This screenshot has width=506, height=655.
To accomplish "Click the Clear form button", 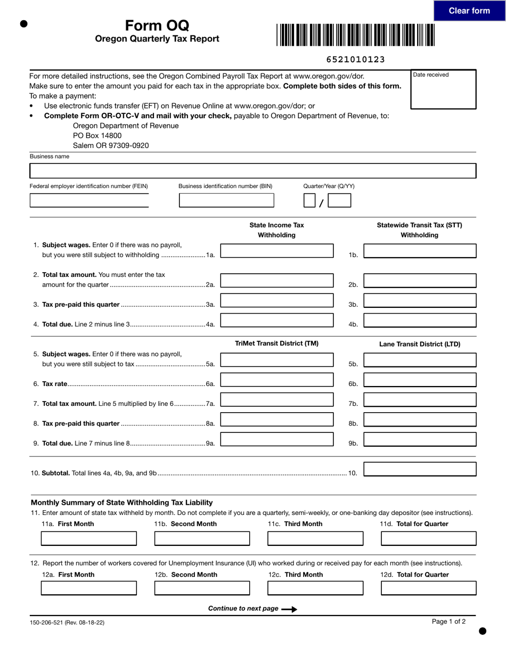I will [x=469, y=11].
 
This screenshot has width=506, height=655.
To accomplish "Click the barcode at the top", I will [x=355, y=35].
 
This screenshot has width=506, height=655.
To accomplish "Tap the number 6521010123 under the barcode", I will [x=355, y=59].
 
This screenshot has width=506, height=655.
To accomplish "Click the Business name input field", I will [x=252, y=171].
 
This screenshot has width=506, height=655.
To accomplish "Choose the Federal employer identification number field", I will [x=89, y=201].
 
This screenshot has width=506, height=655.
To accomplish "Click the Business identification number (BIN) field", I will [x=226, y=201].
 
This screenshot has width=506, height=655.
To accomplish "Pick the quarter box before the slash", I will [x=309, y=201].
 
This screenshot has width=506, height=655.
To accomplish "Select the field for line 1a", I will [x=277, y=251].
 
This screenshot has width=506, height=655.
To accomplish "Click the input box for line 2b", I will [x=420, y=281].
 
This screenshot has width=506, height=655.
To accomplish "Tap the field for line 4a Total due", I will [x=277, y=320].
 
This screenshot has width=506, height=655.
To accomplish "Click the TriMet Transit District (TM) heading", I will [x=277, y=343].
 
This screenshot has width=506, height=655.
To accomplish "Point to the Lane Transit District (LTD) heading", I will [x=420, y=344].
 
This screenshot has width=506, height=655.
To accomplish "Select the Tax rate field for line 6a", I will [x=277, y=380].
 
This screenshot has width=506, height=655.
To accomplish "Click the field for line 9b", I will [x=420, y=439].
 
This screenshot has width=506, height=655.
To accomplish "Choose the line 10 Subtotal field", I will [x=420, y=469].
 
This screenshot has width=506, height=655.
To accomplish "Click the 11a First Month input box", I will [x=89, y=538].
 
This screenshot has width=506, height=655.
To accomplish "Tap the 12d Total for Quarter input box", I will [x=429, y=588].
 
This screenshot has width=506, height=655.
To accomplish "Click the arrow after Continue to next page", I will [x=289, y=609].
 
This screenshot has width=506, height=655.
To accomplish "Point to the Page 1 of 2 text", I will [x=448, y=621].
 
